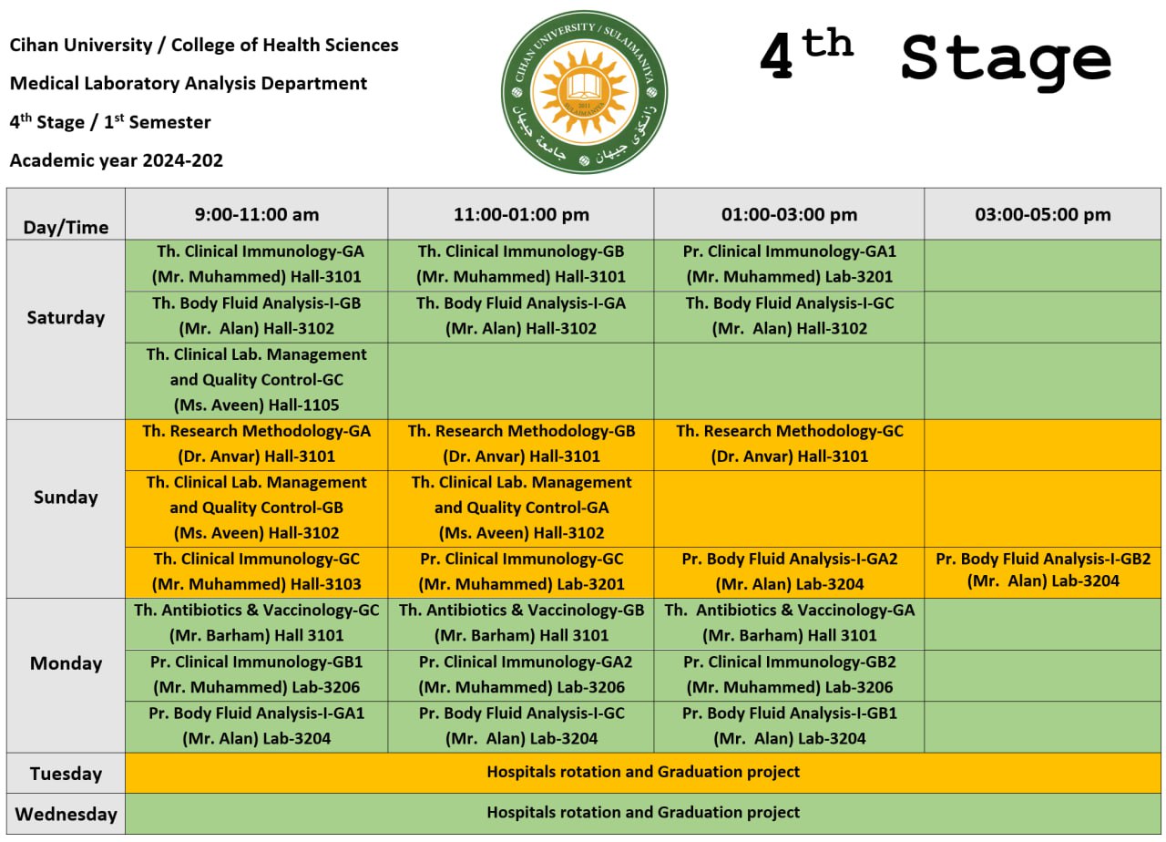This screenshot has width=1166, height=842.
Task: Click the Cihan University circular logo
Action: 584,92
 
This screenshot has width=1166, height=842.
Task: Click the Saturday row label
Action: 66,317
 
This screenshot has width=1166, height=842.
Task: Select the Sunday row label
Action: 66,497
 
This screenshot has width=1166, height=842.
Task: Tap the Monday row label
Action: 66,663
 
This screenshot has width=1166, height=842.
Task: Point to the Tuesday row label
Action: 66,774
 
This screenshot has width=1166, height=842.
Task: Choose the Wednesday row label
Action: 66,814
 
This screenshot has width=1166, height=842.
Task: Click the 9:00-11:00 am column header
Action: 257,214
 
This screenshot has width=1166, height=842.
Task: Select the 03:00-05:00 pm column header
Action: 1043,214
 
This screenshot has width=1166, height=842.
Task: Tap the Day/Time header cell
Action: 66,227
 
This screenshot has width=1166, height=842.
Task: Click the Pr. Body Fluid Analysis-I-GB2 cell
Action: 1043,570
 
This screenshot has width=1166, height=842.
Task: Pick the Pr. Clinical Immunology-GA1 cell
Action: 789,263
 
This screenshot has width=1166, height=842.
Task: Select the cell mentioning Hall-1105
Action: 257,380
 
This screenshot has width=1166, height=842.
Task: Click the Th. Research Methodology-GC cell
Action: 789,444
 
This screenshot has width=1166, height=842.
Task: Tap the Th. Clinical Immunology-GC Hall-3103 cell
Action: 257,571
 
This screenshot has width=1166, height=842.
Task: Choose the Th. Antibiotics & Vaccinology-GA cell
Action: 789,622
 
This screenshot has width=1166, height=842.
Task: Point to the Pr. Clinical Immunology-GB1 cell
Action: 257,674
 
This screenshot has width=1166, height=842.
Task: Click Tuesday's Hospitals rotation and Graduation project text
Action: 642,772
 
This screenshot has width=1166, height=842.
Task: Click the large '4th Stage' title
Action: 935,60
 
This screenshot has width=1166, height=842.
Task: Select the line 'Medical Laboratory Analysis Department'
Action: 189,84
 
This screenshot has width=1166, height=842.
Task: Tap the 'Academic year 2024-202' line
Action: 117,161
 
